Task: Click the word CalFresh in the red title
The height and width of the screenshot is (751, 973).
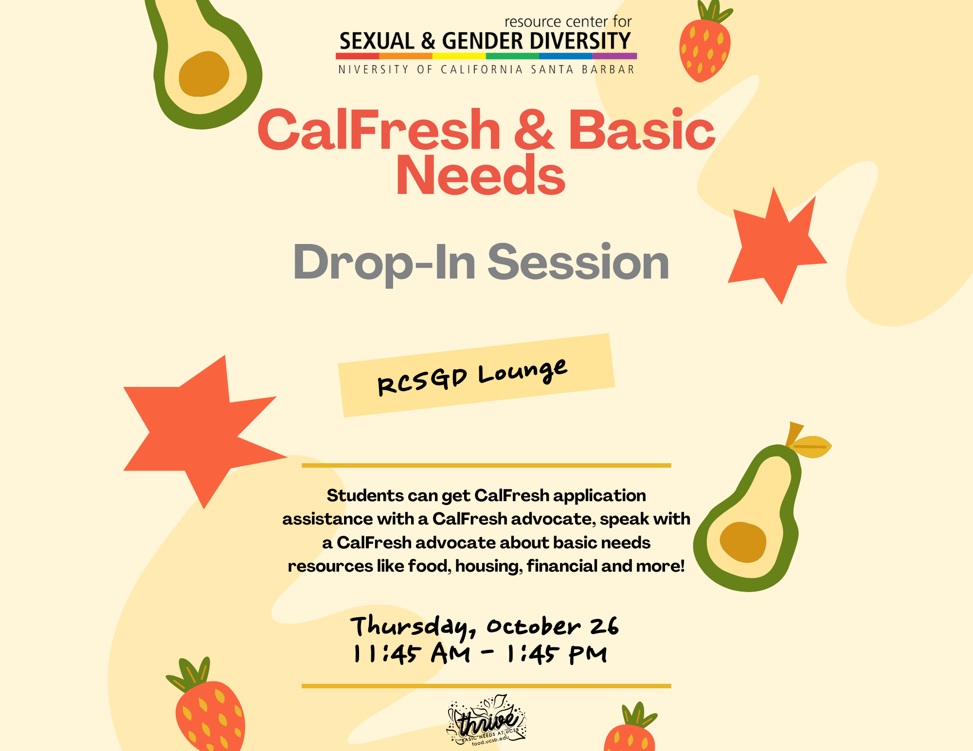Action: click(x=379, y=129)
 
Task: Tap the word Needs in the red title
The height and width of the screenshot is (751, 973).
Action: click(x=481, y=175)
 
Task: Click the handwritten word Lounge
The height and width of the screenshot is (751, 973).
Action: click(x=523, y=371)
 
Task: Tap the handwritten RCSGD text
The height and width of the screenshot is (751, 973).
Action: click(x=422, y=382)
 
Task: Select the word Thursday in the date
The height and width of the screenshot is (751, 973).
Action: click(x=413, y=627)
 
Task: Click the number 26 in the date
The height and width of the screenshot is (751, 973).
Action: click(x=604, y=626)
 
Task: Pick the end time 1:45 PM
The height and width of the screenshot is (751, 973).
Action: click(x=557, y=654)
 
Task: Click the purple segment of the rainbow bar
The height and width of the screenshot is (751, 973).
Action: click(x=614, y=56)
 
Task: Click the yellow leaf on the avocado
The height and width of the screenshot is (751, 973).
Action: click(x=811, y=446)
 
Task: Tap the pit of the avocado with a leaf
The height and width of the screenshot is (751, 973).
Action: click(x=743, y=542)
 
